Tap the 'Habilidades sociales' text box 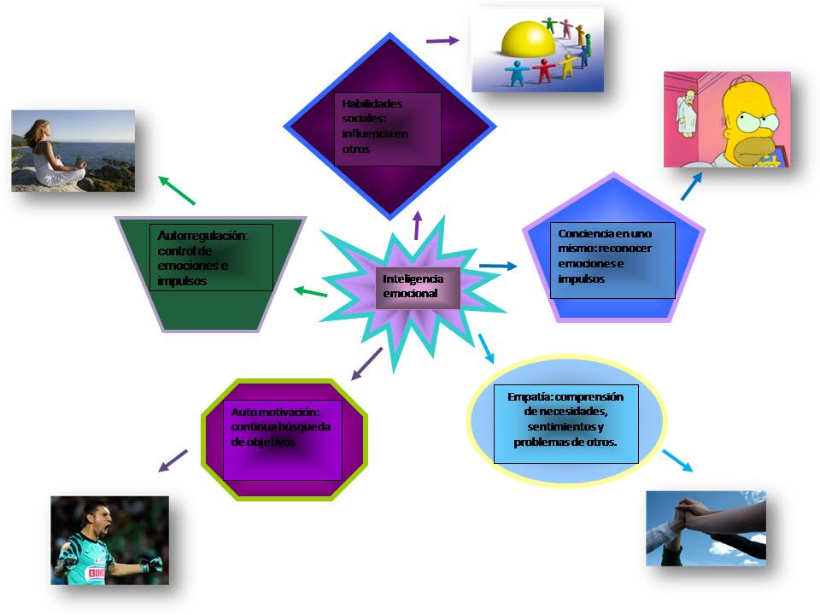[x=388, y=129]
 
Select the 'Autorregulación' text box [x=211, y=257]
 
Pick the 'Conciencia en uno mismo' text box [x=612, y=260]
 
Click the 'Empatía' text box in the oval [x=565, y=424]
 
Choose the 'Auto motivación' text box [x=283, y=438]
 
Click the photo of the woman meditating [x=73, y=150]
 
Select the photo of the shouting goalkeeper [x=109, y=540]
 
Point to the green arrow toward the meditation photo [x=177, y=190]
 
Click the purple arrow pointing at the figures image [x=442, y=40]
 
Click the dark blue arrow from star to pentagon [x=498, y=266]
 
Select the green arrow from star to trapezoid [x=310, y=293]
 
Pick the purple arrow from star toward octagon [x=366, y=363]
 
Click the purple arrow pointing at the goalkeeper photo [x=173, y=460]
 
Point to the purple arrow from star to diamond [x=418, y=225]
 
